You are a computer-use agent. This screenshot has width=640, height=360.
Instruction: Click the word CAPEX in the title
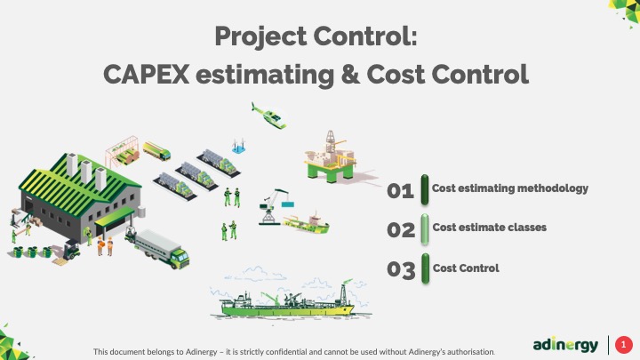click(x=146, y=75)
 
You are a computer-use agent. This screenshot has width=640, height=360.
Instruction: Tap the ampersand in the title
click(x=350, y=75)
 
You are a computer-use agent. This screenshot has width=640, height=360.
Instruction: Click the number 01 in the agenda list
click(x=400, y=190)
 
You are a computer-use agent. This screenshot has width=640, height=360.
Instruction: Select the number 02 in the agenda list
click(x=401, y=230)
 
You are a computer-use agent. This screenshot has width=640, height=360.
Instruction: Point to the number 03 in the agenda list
click(x=401, y=269)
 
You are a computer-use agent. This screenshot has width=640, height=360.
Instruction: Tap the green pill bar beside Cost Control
click(x=425, y=268)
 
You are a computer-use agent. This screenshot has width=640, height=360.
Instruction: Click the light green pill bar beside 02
click(x=425, y=229)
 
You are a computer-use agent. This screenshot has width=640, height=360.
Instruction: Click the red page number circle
click(x=623, y=345)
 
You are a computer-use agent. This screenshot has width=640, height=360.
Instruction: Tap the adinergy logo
click(x=565, y=345)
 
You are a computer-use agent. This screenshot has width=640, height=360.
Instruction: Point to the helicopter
click(x=269, y=116)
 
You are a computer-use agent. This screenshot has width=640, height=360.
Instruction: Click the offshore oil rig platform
click(x=331, y=157)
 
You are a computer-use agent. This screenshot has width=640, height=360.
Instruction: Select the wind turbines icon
click(x=239, y=146)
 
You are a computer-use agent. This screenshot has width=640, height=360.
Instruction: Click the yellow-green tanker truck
click(x=156, y=150)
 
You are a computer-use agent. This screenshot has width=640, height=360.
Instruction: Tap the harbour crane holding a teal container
click(x=275, y=206)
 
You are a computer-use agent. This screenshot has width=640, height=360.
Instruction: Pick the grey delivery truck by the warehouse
click(x=160, y=248)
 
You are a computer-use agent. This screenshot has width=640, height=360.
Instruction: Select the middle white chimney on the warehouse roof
click(x=86, y=172)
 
